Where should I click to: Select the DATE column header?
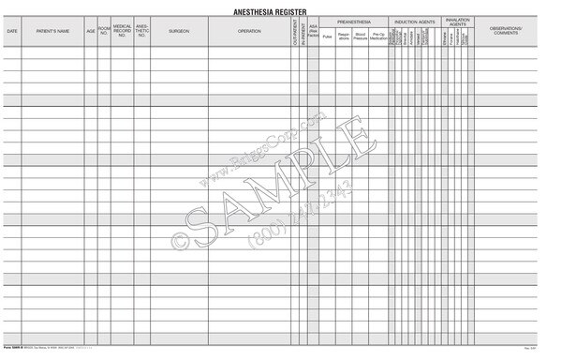point(12,31)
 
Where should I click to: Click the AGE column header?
point(91,31)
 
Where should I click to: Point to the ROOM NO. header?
point(104,31)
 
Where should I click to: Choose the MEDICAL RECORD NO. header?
point(122,31)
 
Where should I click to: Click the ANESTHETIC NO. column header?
point(141,31)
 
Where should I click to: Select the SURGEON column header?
point(179,31)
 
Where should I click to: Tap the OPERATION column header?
point(249,31)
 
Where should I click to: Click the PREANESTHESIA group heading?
point(354,20)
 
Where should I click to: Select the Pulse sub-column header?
point(327,37)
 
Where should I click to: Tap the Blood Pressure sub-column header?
point(361,37)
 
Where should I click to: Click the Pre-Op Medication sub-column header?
point(378,37)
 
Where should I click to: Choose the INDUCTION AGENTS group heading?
point(414,20)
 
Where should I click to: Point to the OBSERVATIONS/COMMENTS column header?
point(507,31)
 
